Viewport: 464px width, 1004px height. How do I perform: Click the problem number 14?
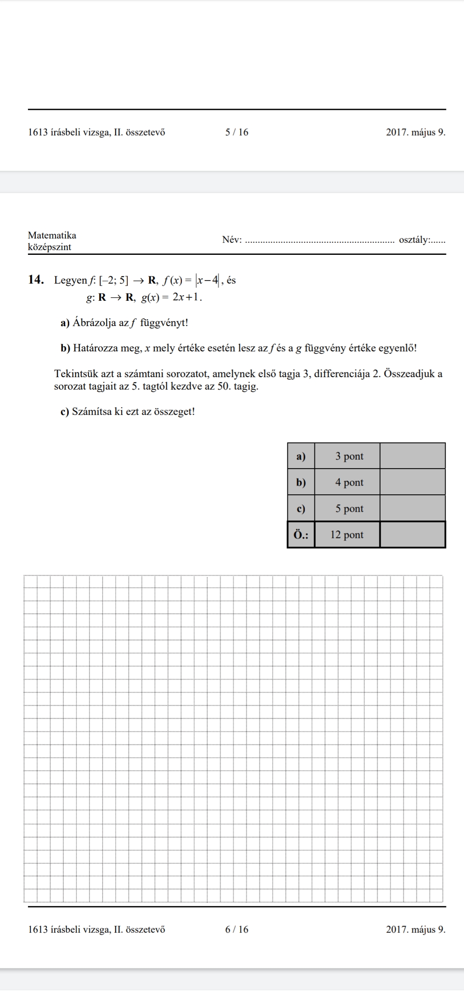(x=36, y=280)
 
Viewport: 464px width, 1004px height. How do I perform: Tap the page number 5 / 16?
(x=237, y=133)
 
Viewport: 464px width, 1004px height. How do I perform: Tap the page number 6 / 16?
(x=237, y=929)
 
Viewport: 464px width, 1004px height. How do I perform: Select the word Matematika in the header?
(x=52, y=235)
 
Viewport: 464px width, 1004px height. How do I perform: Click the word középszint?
(x=49, y=247)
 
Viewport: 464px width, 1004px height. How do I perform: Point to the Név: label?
(x=232, y=239)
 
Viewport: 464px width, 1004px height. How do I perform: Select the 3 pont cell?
(x=349, y=456)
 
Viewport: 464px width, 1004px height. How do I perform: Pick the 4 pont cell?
(x=349, y=482)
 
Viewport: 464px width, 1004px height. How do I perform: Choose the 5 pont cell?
(x=349, y=508)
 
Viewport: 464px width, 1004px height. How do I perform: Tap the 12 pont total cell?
(x=347, y=535)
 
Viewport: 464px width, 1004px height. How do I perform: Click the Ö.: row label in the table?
(x=301, y=535)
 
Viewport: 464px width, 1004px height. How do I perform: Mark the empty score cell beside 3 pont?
(x=412, y=456)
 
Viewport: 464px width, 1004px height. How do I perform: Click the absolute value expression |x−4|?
(x=208, y=281)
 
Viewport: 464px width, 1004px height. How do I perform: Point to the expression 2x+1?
(x=186, y=297)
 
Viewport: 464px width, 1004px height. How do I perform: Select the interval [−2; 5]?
(x=113, y=281)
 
